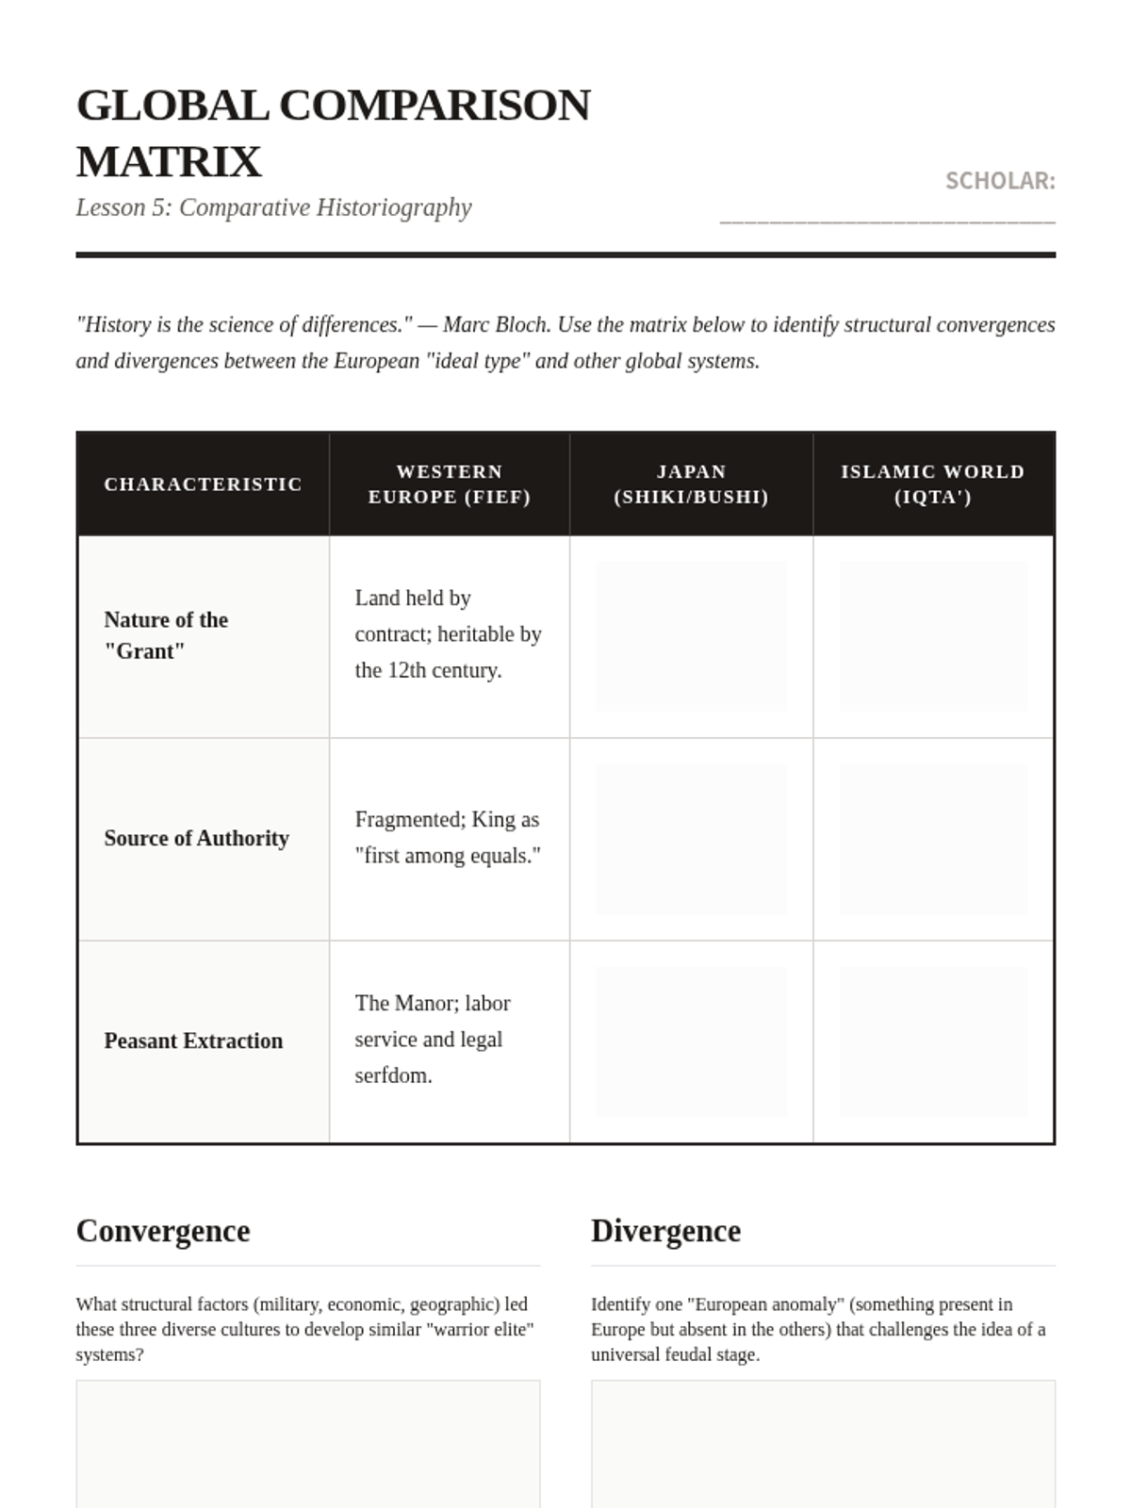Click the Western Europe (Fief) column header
(x=450, y=484)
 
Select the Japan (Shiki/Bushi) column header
(x=691, y=484)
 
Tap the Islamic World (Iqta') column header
(x=933, y=484)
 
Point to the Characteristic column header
(x=203, y=484)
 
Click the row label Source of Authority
(x=196, y=838)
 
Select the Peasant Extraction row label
(x=193, y=1041)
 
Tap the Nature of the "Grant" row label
(x=166, y=635)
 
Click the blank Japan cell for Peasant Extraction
(x=691, y=1041)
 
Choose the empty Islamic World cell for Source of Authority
(x=933, y=839)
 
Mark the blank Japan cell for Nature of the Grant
(x=691, y=636)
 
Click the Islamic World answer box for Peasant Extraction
(x=933, y=1041)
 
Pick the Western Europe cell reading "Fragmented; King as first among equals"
(x=448, y=838)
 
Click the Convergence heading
(x=163, y=1231)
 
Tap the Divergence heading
(x=665, y=1231)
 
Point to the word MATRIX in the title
(x=169, y=162)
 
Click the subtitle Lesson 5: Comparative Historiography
(x=273, y=207)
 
